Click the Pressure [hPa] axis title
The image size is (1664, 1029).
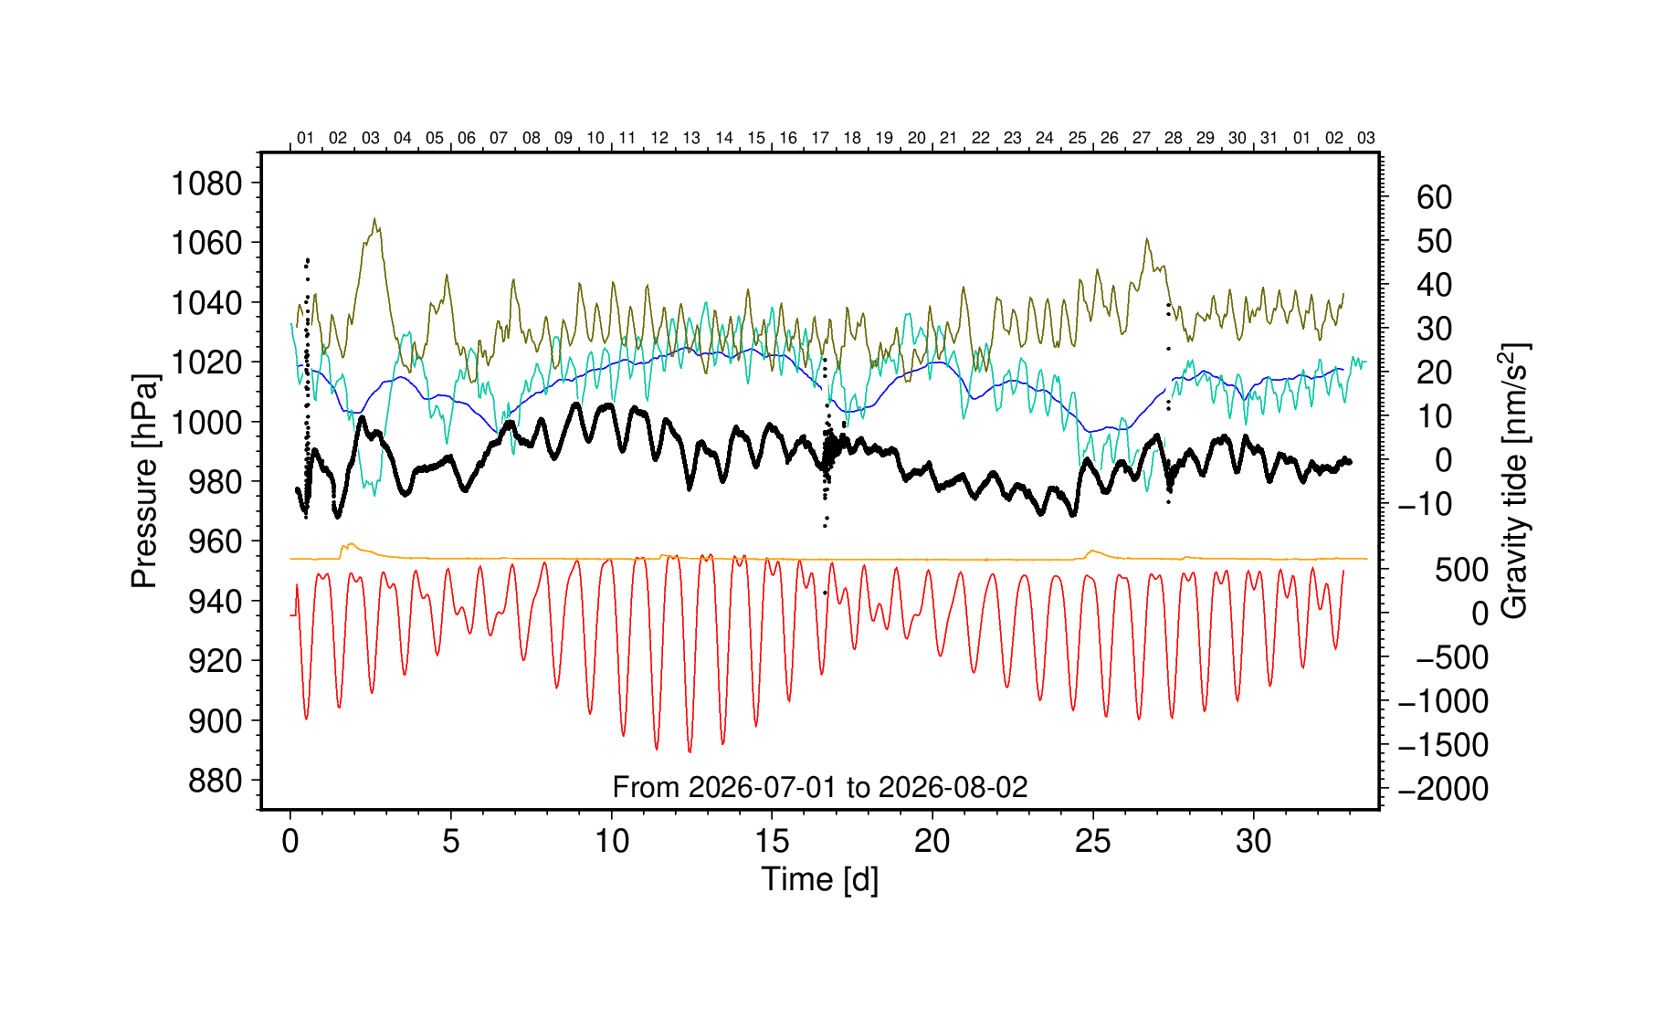(x=144, y=480)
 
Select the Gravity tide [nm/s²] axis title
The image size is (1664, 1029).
(x=1514, y=481)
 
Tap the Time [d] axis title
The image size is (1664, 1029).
(x=819, y=879)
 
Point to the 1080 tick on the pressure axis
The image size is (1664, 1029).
(x=206, y=184)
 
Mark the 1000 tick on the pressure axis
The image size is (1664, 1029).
(x=206, y=422)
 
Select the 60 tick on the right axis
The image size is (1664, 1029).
(x=1434, y=197)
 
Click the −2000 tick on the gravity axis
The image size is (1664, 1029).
(x=1443, y=789)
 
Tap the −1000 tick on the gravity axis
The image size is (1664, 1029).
(x=1443, y=701)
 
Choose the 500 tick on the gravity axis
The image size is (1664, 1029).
(x=1461, y=570)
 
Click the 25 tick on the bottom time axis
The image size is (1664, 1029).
(x=1092, y=841)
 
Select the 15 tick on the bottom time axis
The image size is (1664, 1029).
(x=772, y=841)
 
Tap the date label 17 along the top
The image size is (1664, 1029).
(x=820, y=138)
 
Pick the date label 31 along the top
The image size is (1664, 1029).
(x=1269, y=138)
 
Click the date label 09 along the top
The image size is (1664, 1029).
(x=563, y=138)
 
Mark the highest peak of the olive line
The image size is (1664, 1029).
(x=374, y=219)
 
